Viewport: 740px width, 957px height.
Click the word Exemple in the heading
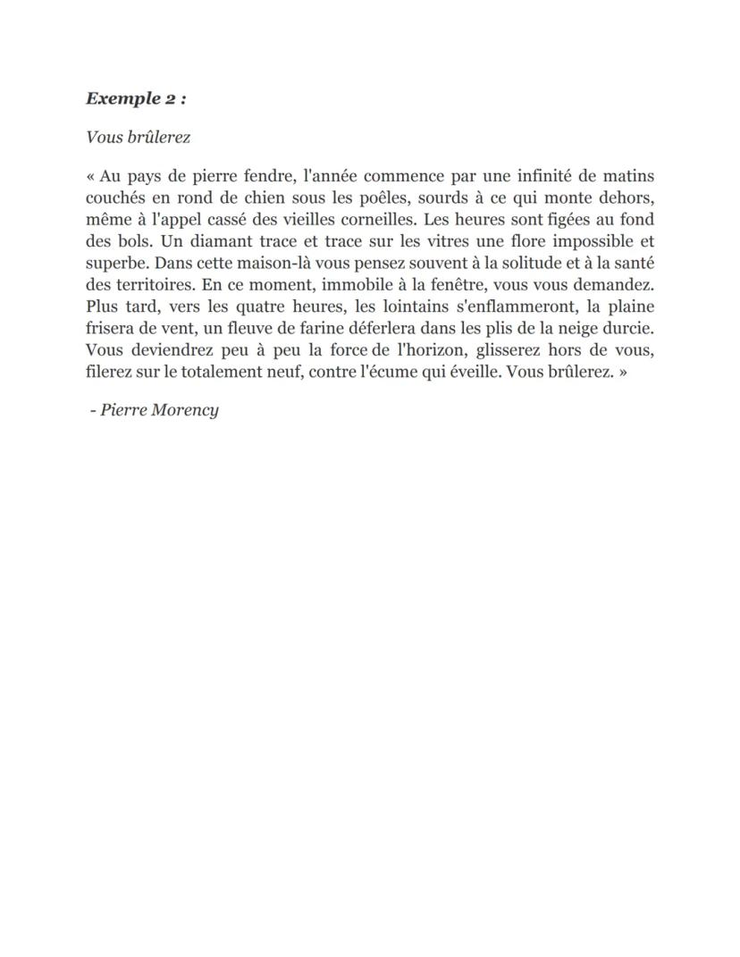click(122, 98)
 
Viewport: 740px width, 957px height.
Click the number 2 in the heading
click(170, 98)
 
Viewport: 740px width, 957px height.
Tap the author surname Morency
click(185, 410)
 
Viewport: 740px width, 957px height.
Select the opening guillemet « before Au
click(91, 177)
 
